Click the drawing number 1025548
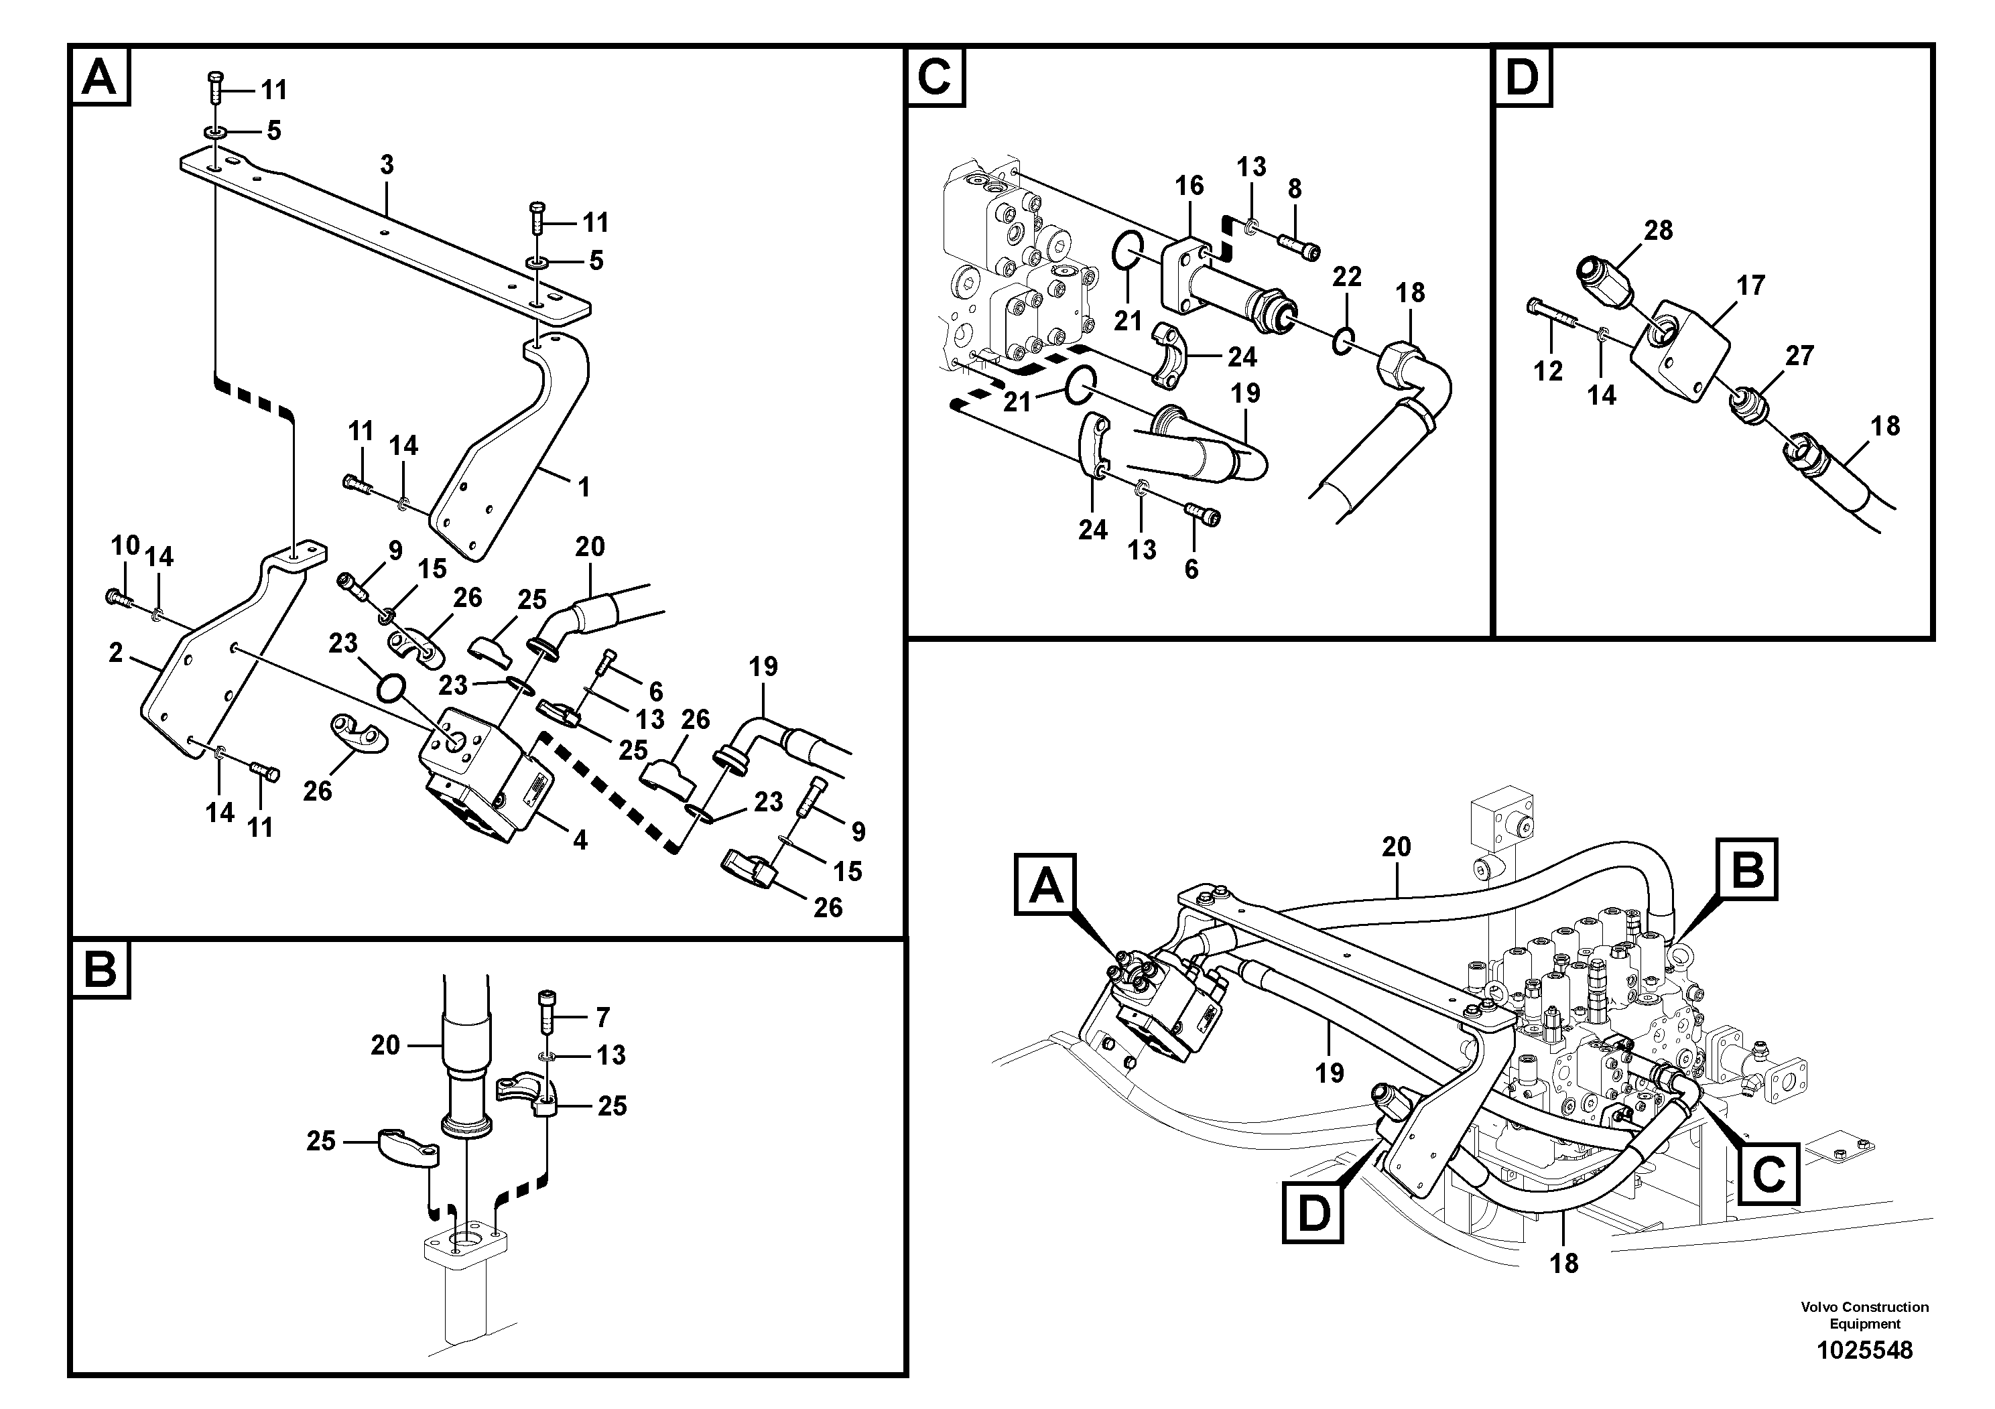tap(1865, 1350)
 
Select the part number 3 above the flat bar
tap(387, 164)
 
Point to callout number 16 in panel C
tap(1189, 185)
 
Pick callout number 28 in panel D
tap(1658, 230)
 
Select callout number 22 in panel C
tap(1347, 277)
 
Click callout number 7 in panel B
tap(603, 1016)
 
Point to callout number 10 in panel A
tap(125, 545)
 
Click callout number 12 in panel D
tap(1547, 371)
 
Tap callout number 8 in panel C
tap(1295, 188)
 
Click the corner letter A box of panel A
tap(99, 77)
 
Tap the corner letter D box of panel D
tap(1521, 77)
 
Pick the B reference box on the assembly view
tap(1747, 870)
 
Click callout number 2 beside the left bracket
tap(117, 653)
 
